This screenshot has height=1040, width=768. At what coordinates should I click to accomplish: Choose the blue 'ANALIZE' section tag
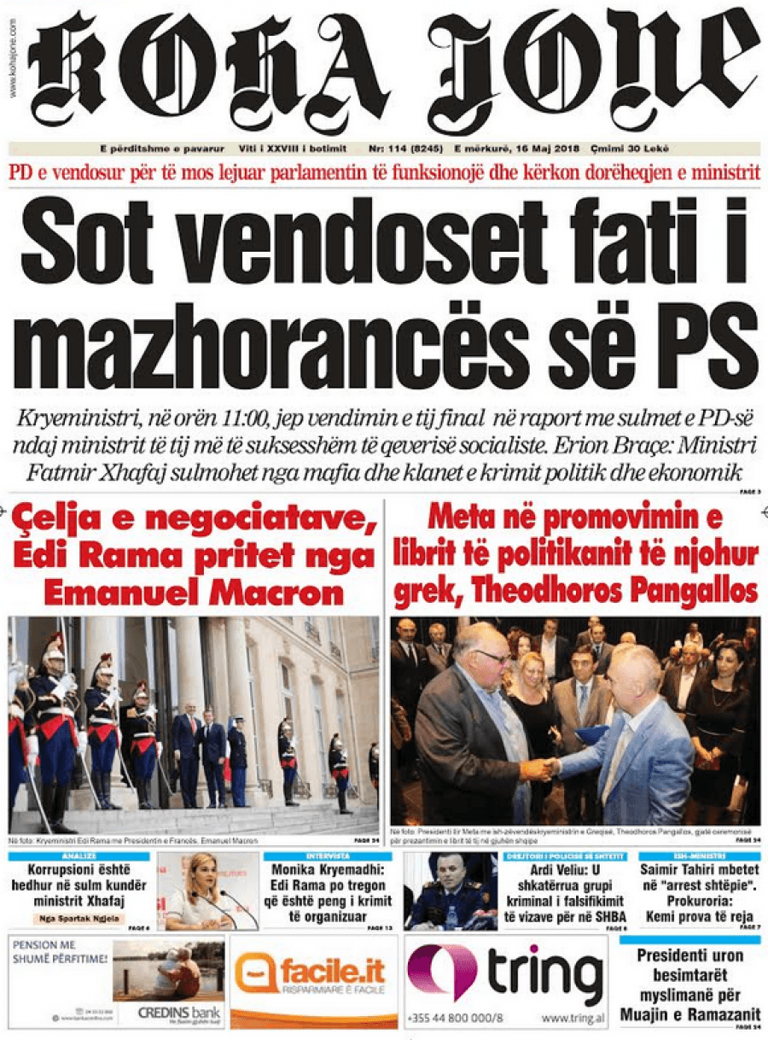(79, 856)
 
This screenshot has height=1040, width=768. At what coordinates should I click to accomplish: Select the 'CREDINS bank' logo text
(179, 1011)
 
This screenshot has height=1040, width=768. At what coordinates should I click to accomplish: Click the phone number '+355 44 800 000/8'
(456, 1018)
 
